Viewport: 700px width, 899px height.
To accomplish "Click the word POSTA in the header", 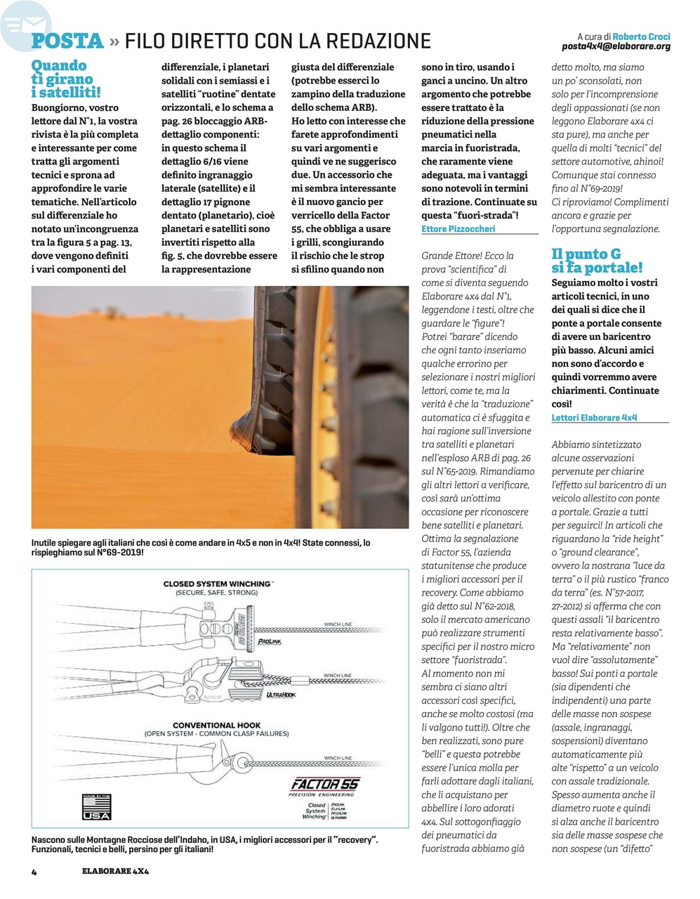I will [x=68, y=41].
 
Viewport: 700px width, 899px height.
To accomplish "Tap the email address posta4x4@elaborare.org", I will [x=616, y=46].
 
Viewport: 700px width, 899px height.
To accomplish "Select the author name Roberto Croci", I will [x=641, y=36].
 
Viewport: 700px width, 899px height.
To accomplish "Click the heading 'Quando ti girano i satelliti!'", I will [x=66, y=79].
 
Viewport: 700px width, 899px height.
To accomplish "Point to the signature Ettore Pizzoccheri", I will [x=458, y=229].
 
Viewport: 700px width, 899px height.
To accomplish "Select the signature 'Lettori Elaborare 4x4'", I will [x=594, y=417].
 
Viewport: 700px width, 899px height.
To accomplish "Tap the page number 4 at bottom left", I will [x=33, y=872].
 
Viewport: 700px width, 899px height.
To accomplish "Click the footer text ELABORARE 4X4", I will [x=115, y=872].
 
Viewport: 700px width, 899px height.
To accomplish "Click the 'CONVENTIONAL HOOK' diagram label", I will [x=217, y=725].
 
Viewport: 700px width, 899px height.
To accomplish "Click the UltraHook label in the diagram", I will [x=281, y=695].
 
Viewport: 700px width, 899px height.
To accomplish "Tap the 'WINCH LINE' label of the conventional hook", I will [x=338, y=759].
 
